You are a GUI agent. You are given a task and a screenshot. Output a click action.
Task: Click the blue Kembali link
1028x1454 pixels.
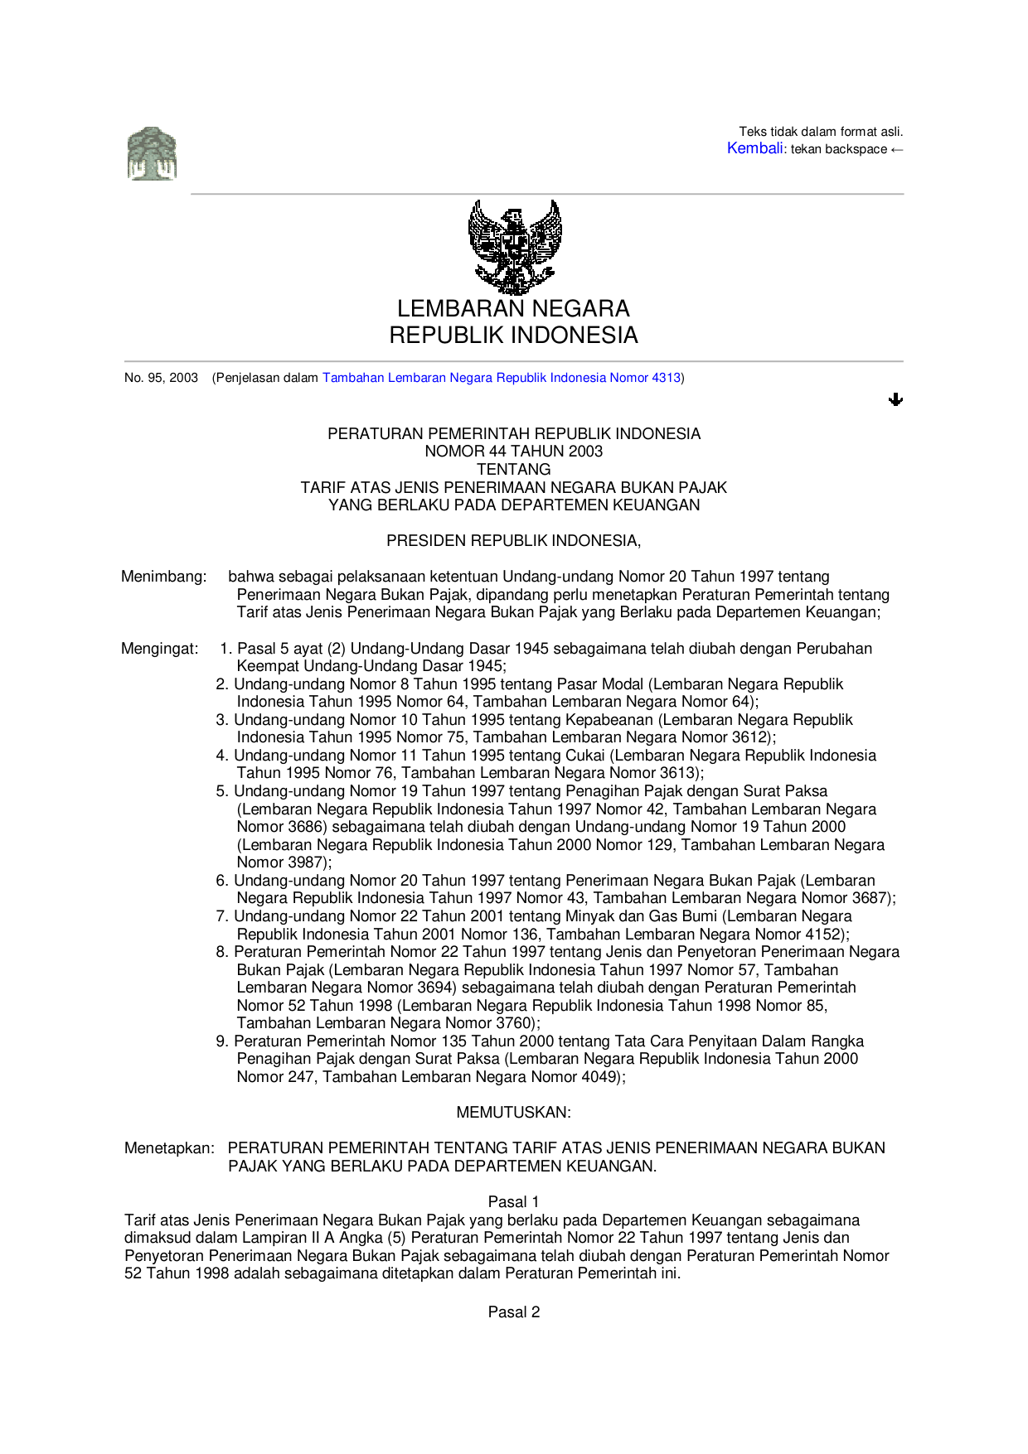coord(754,148)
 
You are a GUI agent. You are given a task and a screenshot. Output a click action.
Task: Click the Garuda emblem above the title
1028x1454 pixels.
coord(515,246)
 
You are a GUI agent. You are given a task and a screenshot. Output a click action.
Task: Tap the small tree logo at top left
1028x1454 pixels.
coord(152,154)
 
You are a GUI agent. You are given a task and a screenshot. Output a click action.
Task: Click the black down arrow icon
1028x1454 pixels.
coord(895,399)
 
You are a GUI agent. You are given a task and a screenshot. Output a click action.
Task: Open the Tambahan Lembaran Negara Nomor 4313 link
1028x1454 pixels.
coord(501,378)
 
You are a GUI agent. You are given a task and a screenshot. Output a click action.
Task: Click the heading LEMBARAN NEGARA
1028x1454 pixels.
coord(513,309)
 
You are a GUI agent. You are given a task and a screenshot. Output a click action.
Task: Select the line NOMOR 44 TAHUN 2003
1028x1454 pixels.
coord(513,452)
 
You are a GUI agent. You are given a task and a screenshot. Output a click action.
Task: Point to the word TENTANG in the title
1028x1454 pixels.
coord(513,469)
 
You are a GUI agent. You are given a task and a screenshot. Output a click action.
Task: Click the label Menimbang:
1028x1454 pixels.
coord(163,577)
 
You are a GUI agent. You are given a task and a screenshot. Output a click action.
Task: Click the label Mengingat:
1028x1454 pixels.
coord(160,649)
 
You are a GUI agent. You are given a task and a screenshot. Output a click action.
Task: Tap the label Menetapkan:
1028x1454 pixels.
coord(169,1148)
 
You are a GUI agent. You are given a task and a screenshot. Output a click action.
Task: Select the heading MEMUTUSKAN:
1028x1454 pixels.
coord(513,1113)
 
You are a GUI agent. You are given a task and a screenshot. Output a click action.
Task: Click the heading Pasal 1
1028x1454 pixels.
coord(513,1202)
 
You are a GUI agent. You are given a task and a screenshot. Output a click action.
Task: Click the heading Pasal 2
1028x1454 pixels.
coord(513,1312)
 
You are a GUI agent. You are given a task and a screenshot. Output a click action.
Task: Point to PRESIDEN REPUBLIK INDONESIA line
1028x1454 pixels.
coord(513,541)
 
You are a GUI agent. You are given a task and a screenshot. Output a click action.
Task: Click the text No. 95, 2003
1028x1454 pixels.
coord(161,378)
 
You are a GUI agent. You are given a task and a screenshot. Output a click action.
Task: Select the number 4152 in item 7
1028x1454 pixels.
coord(825,935)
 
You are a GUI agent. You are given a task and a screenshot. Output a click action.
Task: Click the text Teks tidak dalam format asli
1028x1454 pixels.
coord(821,132)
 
